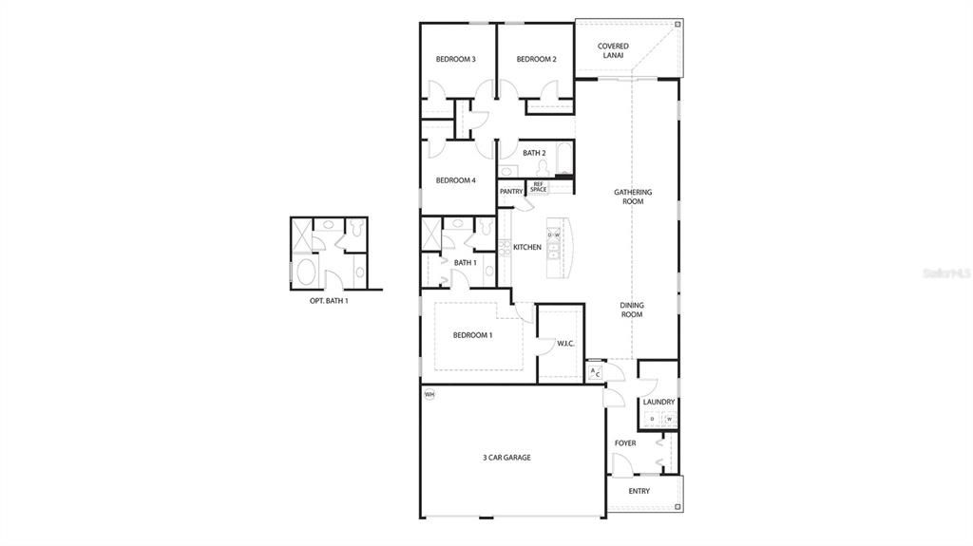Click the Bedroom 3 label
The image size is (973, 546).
tap(455, 60)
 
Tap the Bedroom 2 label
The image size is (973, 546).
tap(536, 60)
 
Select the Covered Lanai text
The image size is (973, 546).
tap(613, 50)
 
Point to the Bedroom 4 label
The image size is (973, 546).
tap(455, 180)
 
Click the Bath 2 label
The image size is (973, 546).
tap(534, 153)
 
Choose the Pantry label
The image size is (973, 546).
tap(511, 191)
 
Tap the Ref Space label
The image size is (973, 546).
tap(539, 187)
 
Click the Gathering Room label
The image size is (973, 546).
tap(633, 197)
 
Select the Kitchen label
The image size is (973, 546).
tap(527, 248)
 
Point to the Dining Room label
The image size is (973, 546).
tap(632, 311)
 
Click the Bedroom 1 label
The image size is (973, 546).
tap(472, 335)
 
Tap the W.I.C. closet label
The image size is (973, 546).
tap(565, 344)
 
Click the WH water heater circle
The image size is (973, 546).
tap(429, 394)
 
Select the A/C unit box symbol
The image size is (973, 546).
tap(595, 373)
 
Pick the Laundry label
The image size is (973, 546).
tap(658, 402)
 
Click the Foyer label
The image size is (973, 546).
tap(625, 443)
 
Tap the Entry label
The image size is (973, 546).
tap(639, 491)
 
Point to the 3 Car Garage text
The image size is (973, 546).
tap(506, 458)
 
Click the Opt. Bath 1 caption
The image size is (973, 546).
tap(329, 301)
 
